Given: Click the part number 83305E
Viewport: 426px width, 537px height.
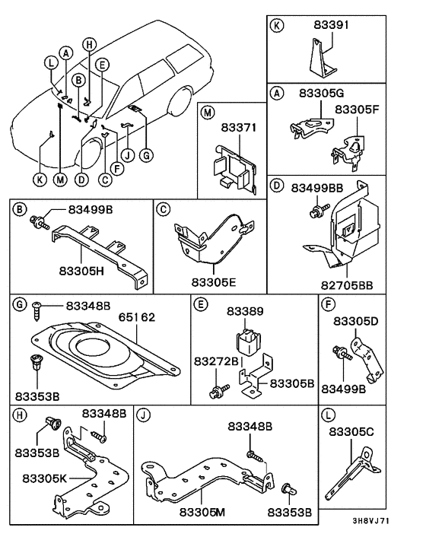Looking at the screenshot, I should coord(215,281).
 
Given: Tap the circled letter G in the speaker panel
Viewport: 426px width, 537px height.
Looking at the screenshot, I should coord(20,305).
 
